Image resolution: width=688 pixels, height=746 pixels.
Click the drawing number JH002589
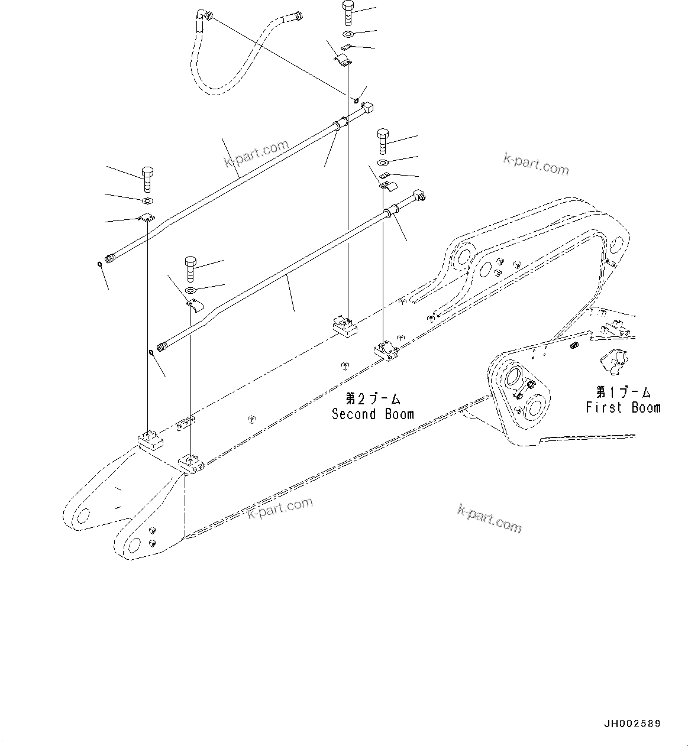pyautogui.click(x=632, y=724)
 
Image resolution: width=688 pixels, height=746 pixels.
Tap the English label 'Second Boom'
pyautogui.click(x=373, y=414)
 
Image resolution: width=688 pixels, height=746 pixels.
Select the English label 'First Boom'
pyautogui.click(x=623, y=407)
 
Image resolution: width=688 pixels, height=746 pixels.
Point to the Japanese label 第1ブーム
pyautogui.click(x=623, y=392)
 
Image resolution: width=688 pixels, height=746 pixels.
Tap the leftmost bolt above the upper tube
pyautogui.click(x=147, y=178)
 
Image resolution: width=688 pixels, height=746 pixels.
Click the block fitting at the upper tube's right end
pyautogui.click(x=367, y=108)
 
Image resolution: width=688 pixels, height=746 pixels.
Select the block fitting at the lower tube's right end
pyautogui.click(x=419, y=194)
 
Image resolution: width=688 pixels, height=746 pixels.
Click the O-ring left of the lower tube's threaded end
pyautogui.click(x=151, y=353)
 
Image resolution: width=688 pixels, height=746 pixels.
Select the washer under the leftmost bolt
pyautogui.click(x=147, y=200)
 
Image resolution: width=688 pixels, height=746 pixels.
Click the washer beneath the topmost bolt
pyautogui.click(x=348, y=34)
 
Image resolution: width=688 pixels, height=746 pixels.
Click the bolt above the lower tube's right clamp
pyautogui.click(x=383, y=141)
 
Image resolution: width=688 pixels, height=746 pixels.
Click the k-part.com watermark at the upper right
pyautogui.click(x=535, y=165)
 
